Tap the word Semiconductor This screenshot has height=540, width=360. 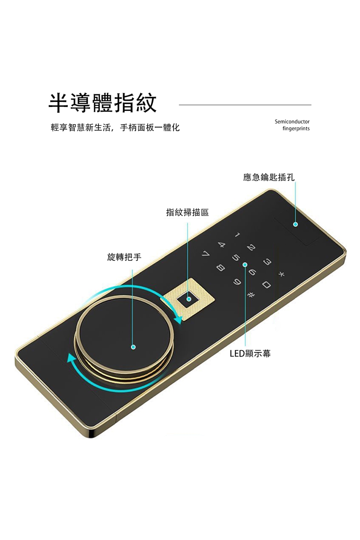coord(292,121)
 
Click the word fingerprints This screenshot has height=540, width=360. coord(296,129)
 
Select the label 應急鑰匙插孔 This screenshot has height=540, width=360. coord(268,177)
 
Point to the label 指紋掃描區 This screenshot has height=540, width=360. coord(187,213)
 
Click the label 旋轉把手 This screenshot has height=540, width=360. coord(124,257)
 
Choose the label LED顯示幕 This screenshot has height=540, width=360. coord(250,354)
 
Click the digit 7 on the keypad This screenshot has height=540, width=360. coord(205,254)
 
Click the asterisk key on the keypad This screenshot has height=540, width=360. coord(281,275)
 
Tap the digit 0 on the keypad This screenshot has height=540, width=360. coord(266,285)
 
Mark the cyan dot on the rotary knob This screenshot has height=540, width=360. coord(133,347)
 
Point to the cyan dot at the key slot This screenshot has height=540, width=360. coord(295,224)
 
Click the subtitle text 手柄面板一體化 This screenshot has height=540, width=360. coord(150,128)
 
